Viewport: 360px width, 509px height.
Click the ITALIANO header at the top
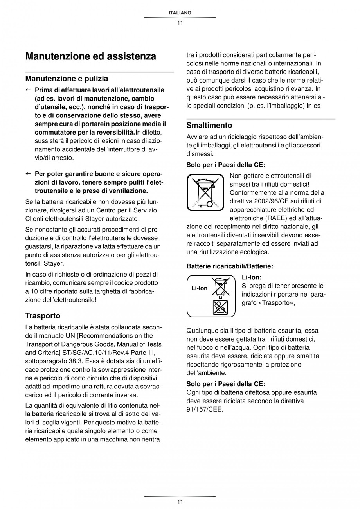(x=180, y=13)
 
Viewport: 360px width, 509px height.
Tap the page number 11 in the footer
(x=180, y=502)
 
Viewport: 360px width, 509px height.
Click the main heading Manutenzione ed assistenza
(x=90, y=56)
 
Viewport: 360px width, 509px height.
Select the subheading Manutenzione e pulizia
(x=67, y=79)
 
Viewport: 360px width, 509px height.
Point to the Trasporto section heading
(x=43, y=315)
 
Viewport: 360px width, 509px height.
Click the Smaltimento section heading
(x=209, y=126)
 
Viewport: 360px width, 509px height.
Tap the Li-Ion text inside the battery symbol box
(x=199, y=288)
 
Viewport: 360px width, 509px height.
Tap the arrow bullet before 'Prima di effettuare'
(x=28, y=90)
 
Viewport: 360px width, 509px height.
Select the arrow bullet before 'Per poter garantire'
(x=28, y=174)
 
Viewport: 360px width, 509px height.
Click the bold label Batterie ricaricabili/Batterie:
(x=230, y=266)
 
